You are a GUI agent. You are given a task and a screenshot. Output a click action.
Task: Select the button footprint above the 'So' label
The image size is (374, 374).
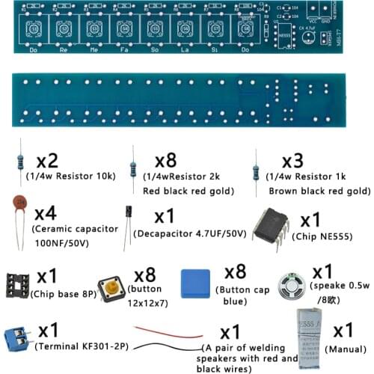pos(154,29)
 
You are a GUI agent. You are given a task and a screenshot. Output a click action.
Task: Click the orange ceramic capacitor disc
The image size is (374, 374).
pos(22,203)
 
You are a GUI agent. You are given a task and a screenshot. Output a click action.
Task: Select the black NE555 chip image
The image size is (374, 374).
pos(272,224)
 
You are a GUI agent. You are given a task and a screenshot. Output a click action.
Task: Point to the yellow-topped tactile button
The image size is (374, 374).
pos(113,286)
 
